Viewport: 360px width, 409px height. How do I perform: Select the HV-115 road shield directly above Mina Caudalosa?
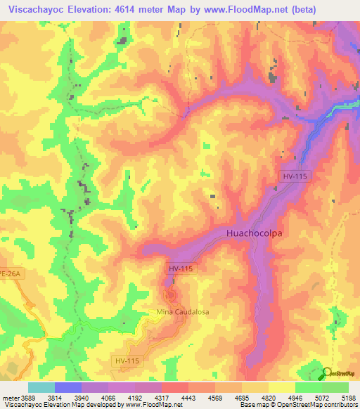(181, 269)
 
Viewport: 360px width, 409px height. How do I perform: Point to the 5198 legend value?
(348, 398)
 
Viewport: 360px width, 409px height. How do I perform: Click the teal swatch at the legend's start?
(41, 387)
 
